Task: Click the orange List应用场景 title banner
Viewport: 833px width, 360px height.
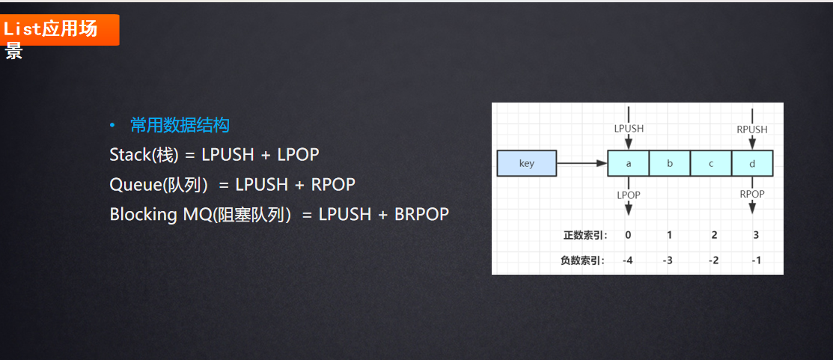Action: tap(60, 30)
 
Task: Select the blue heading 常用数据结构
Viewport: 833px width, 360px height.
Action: tap(180, 125)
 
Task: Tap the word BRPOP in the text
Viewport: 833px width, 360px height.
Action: tap(423, 215)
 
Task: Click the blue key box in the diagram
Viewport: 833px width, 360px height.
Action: tap(527, 163)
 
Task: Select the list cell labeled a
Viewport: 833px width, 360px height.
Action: tap(628, 163)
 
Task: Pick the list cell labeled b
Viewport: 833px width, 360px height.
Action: tap(669, 163)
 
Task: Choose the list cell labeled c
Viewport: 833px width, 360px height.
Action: tap(711, 163)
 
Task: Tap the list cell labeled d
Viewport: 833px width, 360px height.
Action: tap(752, 163)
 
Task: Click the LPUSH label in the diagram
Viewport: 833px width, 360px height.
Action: tap(629, 129)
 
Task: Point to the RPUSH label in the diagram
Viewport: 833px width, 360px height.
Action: tap(752, 129)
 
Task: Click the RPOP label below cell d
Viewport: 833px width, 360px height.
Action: tap(752, 194)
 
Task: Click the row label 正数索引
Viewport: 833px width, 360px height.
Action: tap(585, 235)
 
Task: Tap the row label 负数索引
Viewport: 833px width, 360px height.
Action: tap(585, 260)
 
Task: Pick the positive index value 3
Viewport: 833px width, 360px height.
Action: tap(756, 235)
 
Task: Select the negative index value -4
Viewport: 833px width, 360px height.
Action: tap(628, 260)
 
